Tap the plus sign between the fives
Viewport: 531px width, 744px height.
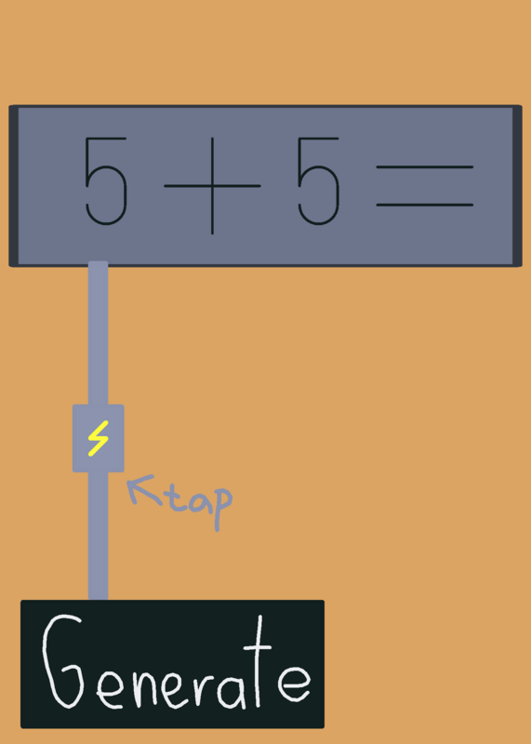click(212, 186)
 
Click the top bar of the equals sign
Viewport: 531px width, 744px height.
click(425, 167)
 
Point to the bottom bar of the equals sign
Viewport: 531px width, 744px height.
click(425, 205)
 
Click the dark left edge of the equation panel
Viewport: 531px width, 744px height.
click(14, 186)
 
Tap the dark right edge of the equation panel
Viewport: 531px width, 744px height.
click(517, 186)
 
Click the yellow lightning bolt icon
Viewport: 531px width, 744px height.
click(99, 438)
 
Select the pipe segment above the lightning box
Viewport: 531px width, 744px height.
click(99, 333)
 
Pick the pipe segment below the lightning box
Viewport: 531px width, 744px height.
click(99, 537)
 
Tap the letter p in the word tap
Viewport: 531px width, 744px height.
click(222, 509)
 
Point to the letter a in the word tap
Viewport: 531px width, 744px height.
click(199, 502)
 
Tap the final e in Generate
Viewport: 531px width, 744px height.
click(294, 684)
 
